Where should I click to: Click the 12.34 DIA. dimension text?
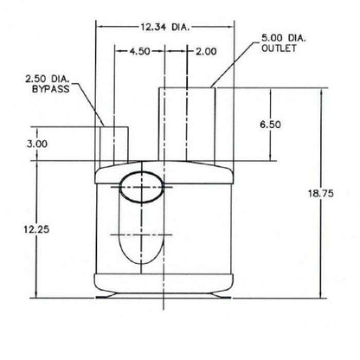[164, 27]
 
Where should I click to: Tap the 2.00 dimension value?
[206, 52]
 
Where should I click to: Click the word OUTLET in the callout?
[279, 48]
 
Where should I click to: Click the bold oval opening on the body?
[141, 186]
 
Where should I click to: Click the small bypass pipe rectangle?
[113, 145]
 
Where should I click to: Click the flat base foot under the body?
[164, 298]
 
